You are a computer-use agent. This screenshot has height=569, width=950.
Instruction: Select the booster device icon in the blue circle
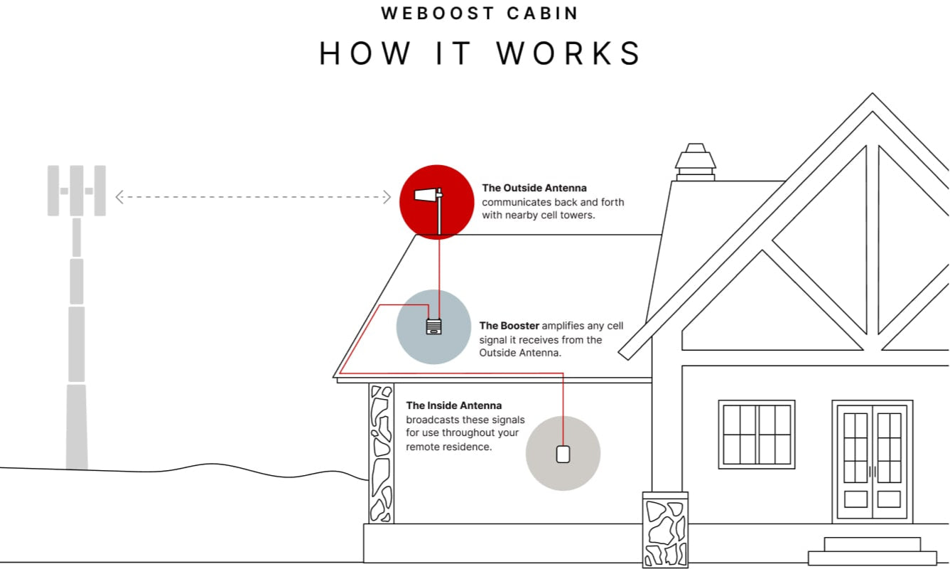433,326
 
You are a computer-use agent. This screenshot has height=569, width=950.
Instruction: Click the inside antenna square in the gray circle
563,454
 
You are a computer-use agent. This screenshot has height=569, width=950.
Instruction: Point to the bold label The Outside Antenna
534,188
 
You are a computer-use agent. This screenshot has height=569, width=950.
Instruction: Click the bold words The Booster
509,326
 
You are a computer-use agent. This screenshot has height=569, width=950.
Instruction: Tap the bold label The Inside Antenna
454,405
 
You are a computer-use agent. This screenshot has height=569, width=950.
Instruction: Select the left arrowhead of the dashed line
119,197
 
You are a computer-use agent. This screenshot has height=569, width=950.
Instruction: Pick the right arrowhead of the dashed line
387,197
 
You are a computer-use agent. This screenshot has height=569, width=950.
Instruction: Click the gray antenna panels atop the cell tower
76,191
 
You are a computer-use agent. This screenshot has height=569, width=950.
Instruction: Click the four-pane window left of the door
757,435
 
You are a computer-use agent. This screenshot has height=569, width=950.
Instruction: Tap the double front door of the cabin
872,461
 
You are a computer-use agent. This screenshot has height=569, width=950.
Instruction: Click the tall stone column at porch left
382,454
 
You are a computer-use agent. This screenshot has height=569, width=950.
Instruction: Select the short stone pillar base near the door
665,529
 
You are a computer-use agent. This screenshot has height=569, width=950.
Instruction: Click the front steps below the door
872,551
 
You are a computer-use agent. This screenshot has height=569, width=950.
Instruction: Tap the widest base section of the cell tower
77,427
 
